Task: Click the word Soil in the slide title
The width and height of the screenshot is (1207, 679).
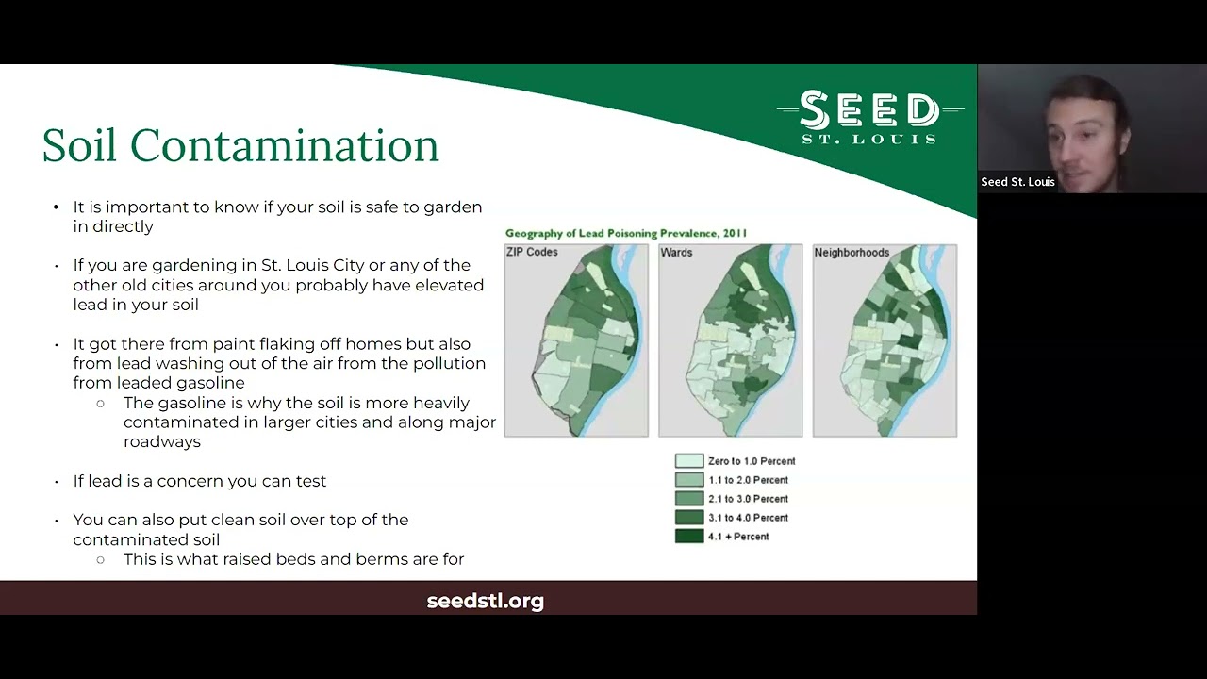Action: click(x=79, y=144)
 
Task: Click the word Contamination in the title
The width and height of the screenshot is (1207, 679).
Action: click(x=285, y=144)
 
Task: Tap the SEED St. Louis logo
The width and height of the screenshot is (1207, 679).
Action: click(x=869, y=117)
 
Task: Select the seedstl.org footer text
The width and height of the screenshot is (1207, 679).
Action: click(x=485, y=601)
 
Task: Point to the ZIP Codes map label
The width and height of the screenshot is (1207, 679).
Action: click(x=532, y=252)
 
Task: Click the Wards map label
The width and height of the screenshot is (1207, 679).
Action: click(x=676, y=252)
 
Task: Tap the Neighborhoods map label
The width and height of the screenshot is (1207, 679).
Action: click(x=852, y=252)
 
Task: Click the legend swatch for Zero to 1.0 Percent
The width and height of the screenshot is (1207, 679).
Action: click(x=689, y=461)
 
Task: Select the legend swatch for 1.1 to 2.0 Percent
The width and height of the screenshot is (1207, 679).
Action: click(x=689, y=480)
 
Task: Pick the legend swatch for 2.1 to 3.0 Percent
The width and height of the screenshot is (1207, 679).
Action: click(x=689, y=499)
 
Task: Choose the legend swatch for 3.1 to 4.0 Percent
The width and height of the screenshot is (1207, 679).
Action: click(x=689, y=518)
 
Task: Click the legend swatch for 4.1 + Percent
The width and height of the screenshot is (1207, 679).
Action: click(x=689, y=537)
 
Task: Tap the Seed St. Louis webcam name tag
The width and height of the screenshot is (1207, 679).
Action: click(x=1017, y=182)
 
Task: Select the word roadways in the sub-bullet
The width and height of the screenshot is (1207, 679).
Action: click(x=161, y=441)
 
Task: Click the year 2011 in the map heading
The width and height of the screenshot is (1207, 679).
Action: click(x=735, y=233)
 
